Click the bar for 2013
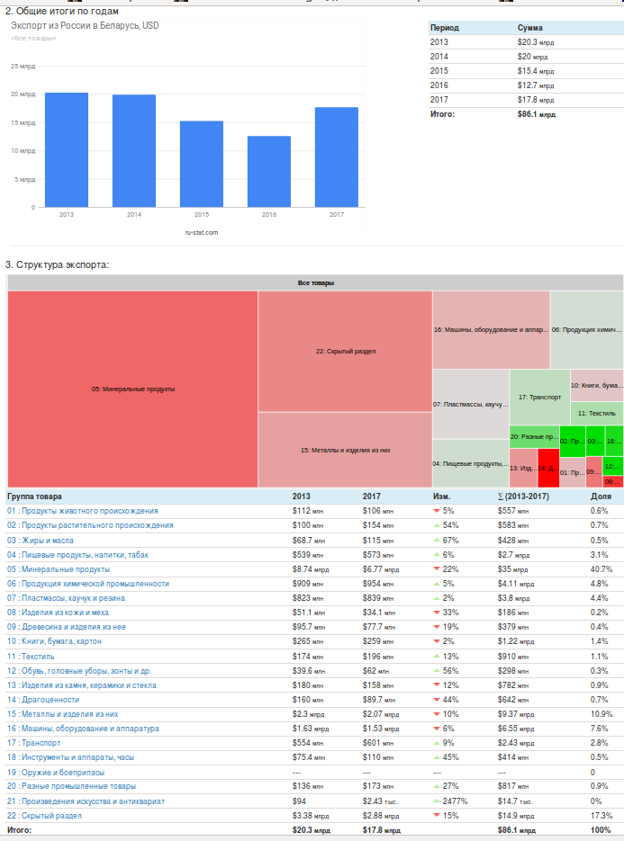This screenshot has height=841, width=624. pos(67,149)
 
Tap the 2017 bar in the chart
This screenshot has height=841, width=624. pos(337,157)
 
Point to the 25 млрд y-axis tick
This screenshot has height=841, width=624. pos(23,67)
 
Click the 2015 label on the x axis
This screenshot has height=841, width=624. pos(202,215)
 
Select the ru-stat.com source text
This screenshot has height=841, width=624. pos(202,232)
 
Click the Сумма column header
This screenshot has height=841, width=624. pos(530,28)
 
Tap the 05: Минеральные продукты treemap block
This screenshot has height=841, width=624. pos(132,389)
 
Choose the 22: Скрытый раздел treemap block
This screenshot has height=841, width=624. pos(345,351)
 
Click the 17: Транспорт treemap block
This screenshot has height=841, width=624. pos(539,397)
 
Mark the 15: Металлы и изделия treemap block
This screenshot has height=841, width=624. pos(345,450)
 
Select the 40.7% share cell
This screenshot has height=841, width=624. pos(600,569)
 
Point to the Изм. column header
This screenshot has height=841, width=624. pos(442,496)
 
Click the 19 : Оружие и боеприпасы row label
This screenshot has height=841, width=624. pos(57,772)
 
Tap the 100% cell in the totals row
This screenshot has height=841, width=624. pos(601,830)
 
